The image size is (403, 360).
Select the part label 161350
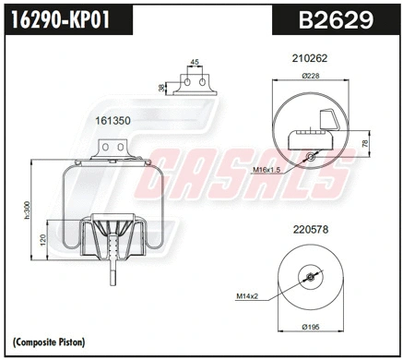(113, 120)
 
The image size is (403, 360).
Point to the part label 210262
(309, 57)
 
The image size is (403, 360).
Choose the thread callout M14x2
(246, 296)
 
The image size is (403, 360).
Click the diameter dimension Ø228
(309, 77)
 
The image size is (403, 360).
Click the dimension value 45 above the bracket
(194, 64)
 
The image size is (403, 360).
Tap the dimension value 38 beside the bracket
(163, 87)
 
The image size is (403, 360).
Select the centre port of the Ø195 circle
(309, 277)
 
